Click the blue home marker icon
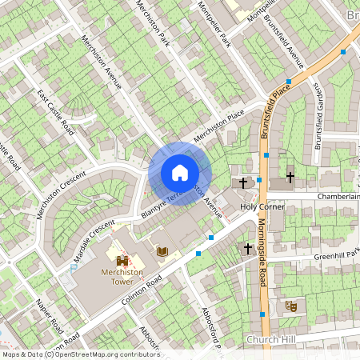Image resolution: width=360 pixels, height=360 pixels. (180, 173)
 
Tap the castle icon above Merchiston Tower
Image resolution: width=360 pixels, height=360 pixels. (122, 261)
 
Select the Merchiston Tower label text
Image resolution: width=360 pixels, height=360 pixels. (122, 277)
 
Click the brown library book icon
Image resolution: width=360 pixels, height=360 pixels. (162, 252)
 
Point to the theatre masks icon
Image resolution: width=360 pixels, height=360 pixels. (292, 306)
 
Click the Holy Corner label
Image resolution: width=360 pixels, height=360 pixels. (262, 207)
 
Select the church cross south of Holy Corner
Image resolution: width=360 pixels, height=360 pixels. (248, 250)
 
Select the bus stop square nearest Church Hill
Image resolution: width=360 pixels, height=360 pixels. (263, 315)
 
